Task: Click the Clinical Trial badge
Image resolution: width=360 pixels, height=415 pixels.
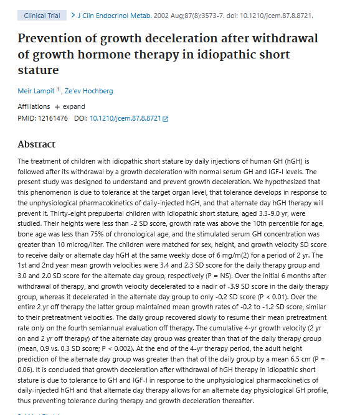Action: click(x=42, y=16)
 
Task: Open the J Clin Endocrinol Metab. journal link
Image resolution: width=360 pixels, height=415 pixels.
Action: click(x=115, y=16)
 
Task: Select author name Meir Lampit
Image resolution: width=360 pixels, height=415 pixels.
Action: click(x=36, y=91)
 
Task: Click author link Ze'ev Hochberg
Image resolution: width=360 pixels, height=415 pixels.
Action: click(x=88, y=91)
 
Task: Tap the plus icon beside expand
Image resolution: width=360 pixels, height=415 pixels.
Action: click(x=57, y=107)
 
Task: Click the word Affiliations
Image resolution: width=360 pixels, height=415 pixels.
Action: click(x=34, y=106)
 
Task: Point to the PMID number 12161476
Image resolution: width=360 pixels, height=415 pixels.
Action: click(x=53, y=118)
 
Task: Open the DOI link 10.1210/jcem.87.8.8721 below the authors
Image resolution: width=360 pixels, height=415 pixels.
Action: click(x=125, y=118)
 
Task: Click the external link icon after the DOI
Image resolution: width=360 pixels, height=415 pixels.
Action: click(x=165, y=119)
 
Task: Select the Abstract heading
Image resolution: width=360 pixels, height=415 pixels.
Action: click(x=37, y=144)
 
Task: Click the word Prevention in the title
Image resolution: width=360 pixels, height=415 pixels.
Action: click(x=50, y=38)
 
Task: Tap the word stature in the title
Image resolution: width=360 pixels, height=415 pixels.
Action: click(x=38, y=70)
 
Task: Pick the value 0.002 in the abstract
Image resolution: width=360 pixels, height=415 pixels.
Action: click(x=123, y=348)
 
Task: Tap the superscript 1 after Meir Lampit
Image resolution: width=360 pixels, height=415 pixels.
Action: click(x=59, y=89)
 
